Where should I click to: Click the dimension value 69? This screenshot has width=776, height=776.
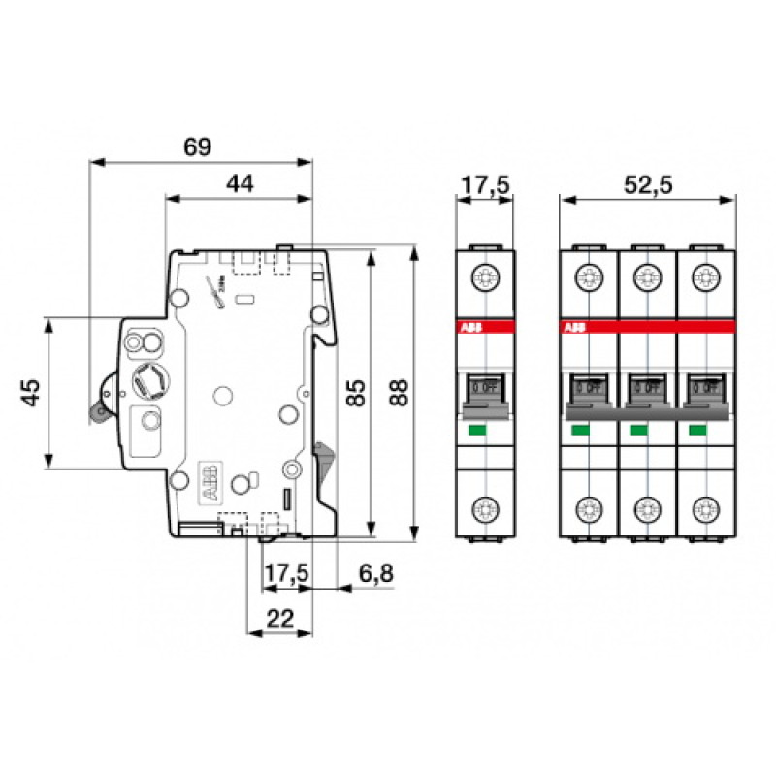pos(197,147)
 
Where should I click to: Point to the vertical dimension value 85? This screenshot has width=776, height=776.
pos(356,393)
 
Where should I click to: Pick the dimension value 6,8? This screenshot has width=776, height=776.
pos(375,574)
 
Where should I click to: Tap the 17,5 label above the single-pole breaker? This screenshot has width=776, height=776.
pos(485,184)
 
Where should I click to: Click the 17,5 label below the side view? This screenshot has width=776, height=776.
pos(286,574)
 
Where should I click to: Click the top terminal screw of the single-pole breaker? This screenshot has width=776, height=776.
pos(485,279)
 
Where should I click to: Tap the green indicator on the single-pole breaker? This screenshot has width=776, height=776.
pos(477,430)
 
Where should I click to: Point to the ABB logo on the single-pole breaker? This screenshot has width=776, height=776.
pos(469,329)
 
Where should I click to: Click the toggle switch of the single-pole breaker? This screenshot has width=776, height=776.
pos(485,388)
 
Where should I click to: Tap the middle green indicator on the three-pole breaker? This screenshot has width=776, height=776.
pos(638,430)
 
